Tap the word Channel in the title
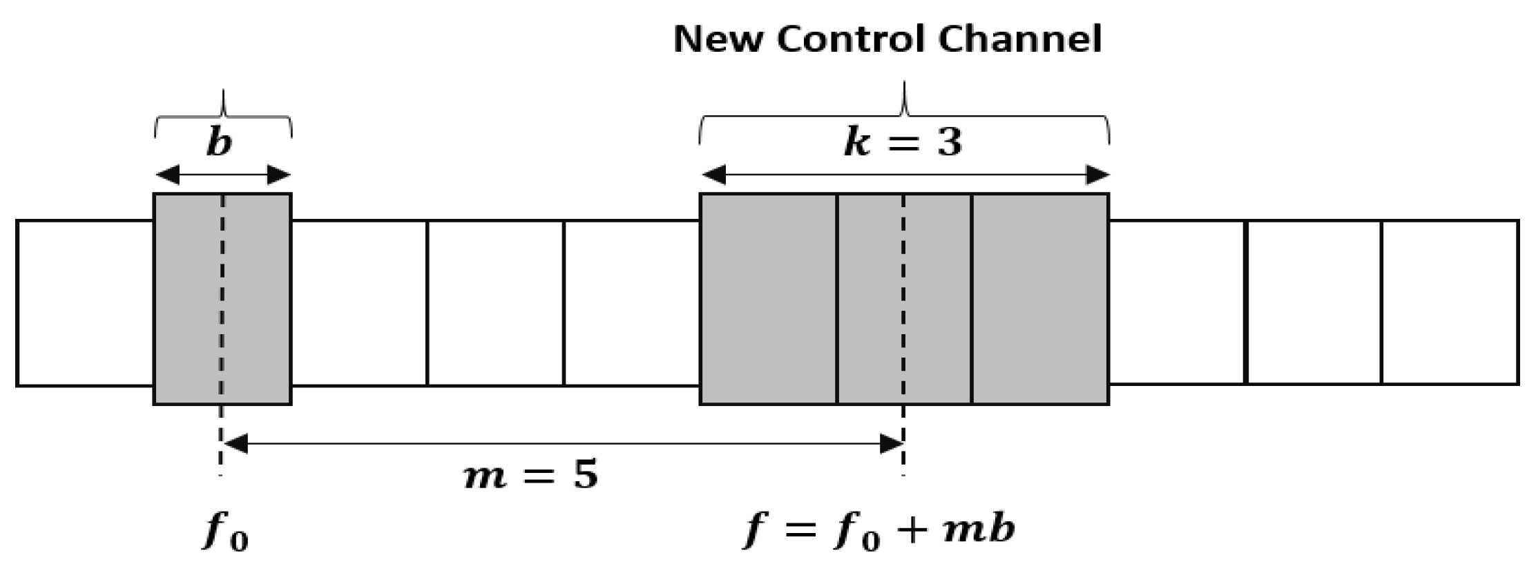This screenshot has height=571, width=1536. (1020, 39)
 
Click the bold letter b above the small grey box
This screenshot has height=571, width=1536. (219, 144)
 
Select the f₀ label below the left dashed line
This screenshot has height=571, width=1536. (225, 531)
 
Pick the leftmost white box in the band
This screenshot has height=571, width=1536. (84, 303)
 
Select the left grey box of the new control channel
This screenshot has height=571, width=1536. (768, 299)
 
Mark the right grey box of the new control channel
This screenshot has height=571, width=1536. (1040, 299)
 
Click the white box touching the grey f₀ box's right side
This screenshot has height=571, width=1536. (359, 303)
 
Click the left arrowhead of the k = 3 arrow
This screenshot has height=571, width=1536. (713, 175)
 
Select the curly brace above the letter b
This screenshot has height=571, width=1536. (222, 114)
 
